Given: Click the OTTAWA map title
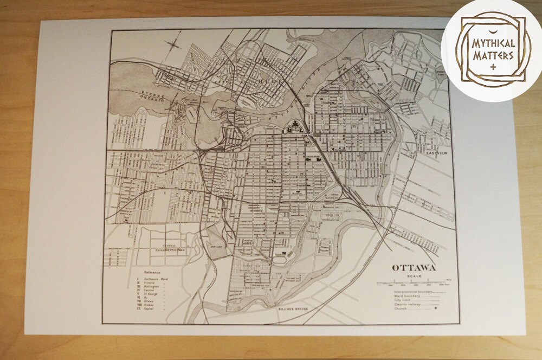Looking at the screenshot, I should pos(414,268).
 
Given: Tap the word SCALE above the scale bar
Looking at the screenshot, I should pos(414,276).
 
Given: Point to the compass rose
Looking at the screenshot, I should pos(175,43).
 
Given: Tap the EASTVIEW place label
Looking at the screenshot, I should pos(437,153).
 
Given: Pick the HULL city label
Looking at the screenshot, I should pos(269,81).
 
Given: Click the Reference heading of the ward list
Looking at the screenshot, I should pos(153,273).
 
